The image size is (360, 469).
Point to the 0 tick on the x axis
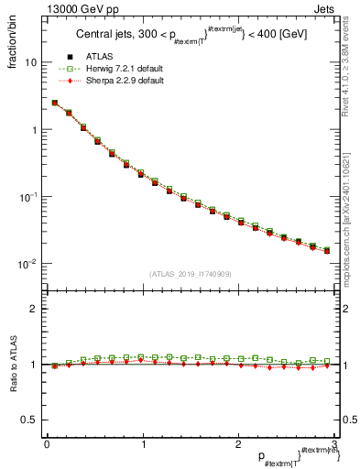click(x=47, y=444)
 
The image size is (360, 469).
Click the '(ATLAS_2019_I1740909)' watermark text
click(x=191, y=274)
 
